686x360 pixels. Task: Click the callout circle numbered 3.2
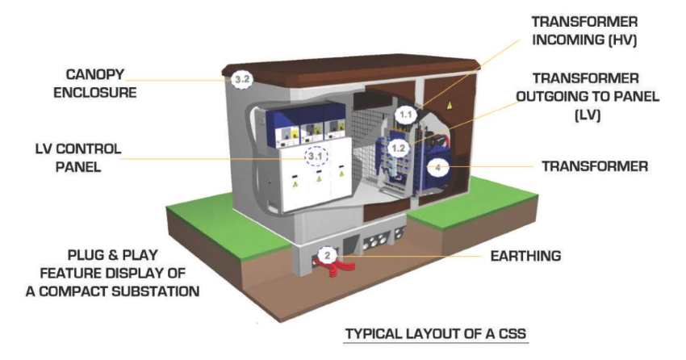tap(241, 79)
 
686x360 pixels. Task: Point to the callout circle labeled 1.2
tap(397, 148)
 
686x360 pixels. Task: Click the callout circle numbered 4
tap(437, 167)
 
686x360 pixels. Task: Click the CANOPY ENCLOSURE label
tap(94, 82)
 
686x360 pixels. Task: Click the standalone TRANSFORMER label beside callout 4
tap(595, 167)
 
